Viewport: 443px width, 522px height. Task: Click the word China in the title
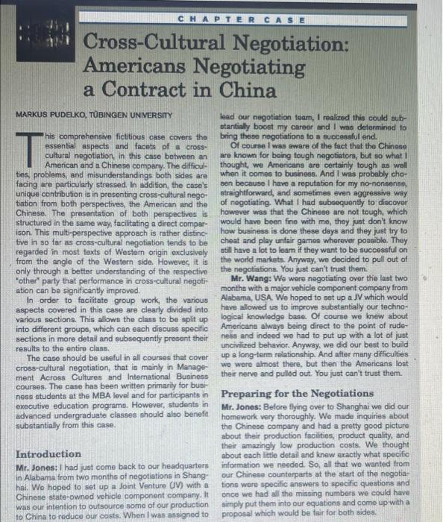click(250, 91)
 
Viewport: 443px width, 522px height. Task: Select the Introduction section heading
click(48, 453)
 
